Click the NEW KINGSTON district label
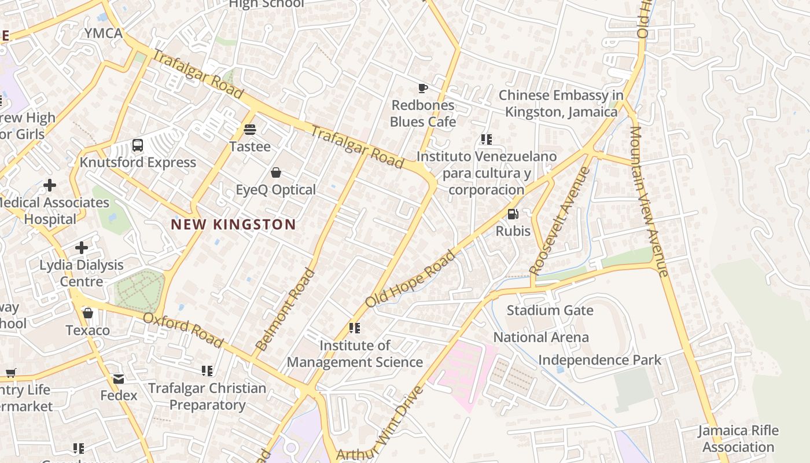pos(233,225)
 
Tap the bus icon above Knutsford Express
pos(138,145)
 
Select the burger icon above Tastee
pos(250,129)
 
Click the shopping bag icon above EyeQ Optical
pos(276,172)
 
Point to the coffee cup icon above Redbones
pos(423,89)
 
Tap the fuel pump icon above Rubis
pos(513,214)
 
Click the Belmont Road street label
pos(285,310)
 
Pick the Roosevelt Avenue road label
pos(559,221)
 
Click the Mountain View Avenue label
pos(649,201)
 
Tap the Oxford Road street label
pos(183,330)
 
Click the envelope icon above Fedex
pos(119,379)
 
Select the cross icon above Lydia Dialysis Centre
pos(82,248)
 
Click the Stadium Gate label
pos(550,310)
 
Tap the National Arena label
pos(540,337)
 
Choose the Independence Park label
pos(599,360)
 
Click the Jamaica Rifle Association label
pos(738,439)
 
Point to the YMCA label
pos(104,34)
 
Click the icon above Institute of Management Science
pos(355,328)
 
